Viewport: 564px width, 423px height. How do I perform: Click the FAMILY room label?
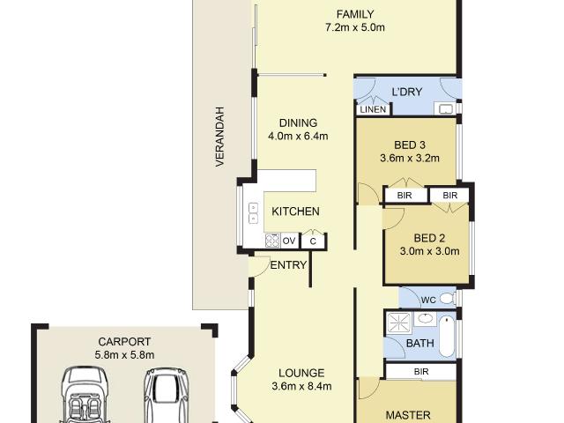coord(355,13)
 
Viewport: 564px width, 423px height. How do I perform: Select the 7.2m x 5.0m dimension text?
coord(355,27)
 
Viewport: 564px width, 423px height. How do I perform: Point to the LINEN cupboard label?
coord(372,109)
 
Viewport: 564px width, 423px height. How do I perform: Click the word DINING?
coord(298,122)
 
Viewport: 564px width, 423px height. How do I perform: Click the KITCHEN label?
coord(295,211)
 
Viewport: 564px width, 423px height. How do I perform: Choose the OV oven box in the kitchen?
coord(289,241)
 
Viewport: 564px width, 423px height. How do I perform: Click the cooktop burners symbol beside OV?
coord(272,241)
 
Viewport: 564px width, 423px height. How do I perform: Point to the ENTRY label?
coord(288,265)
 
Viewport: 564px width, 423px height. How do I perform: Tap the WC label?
coord(428,300)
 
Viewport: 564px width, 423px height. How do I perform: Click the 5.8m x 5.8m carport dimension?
coord(123,355)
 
